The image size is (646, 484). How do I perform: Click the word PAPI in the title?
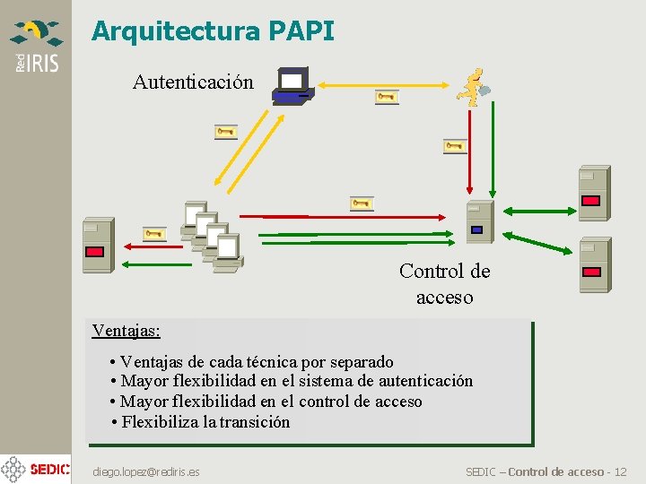pyautogui.click(x=301, y=32)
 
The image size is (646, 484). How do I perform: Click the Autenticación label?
pyautogui.click(x=193, y=82)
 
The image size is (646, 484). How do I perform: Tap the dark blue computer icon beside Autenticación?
pyautogui.click(x=292, y=85)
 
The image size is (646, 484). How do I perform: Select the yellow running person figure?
pyautogui.click(x=472, y=87)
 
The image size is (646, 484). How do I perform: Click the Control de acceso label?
pyautogui.click(x=445, y=283)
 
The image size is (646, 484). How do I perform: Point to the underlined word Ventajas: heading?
pyautogui.click(x=127, y=330)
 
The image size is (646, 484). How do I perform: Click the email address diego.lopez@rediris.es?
pyautogui.click(x=147, y=471)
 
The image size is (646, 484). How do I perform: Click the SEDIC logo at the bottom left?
pyautogui.click(x=36, y=469)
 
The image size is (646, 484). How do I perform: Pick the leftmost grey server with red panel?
pyautogui.click(x=97, y=245)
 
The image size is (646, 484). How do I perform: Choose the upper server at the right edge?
pyautogui.click(x=592, y=193)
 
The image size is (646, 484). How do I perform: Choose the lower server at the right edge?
pyautogui.click(x=593, y=264)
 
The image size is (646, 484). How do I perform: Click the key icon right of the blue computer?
pyautogui.click(x=387, y=97)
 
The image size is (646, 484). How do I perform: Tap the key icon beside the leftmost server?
pyautogui.click(x=155, y=234)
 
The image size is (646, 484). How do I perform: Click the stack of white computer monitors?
pyautogui.click(x=214, y=235)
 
